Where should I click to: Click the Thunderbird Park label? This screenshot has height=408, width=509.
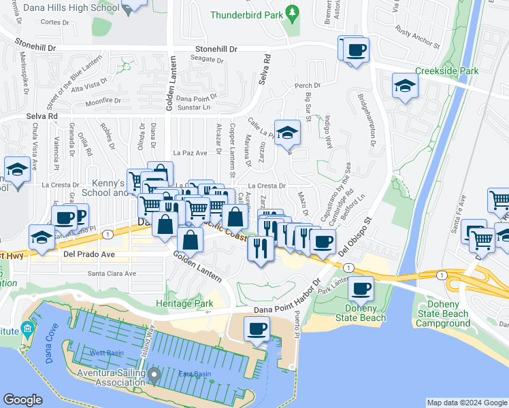click(246, 15)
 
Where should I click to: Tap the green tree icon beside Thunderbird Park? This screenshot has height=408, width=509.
click(293, 13)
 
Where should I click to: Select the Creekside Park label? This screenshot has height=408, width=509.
click(447, 71)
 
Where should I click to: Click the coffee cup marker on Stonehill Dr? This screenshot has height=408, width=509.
click(356, 50)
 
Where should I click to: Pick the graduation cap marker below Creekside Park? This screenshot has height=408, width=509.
click(405, 86)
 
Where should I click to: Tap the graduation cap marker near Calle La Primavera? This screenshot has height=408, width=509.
click(287, 133)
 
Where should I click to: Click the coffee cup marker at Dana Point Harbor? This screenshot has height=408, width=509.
click(257, 330)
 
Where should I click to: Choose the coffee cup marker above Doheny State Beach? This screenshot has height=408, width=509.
click(361, 288)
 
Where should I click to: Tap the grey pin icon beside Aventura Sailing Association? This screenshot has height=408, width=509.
click(154, 373)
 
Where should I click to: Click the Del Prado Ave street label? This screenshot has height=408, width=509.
click(88, 254)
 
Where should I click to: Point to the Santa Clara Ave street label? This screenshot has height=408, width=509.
click(112, 273)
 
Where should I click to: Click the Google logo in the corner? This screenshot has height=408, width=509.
click(23, 401)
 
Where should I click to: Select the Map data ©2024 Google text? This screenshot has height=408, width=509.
click(466, 403)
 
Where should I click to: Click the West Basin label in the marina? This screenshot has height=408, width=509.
click(105, 354)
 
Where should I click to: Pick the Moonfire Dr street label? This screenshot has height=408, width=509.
click(103, 101)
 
